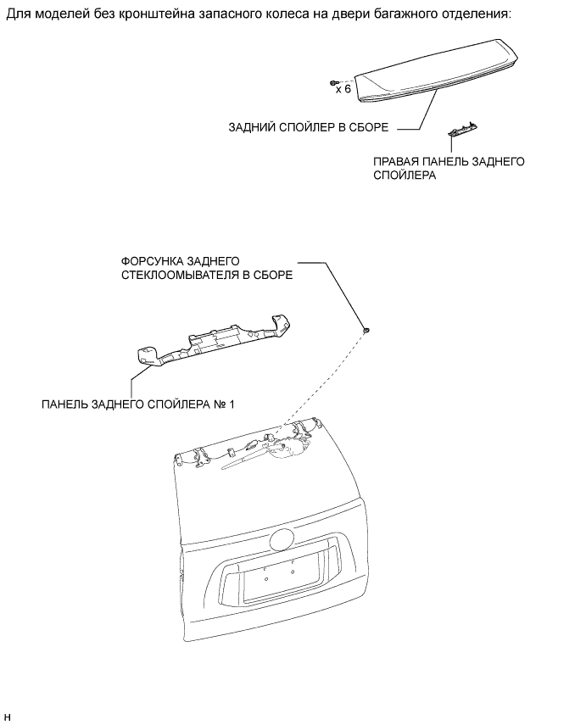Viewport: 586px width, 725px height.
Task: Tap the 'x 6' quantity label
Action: pyautogui.click(x=343, y=88)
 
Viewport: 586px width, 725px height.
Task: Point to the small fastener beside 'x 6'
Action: pyautogui.click(x=333, y=83)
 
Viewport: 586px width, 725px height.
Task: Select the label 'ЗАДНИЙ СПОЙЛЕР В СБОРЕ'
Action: pyautogui.click(x=308, y=129)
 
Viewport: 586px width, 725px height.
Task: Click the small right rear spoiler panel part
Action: pyautogui.click(x=462, y=131)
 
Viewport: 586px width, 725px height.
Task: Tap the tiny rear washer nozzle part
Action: pyautogui.click(x=366, y=328)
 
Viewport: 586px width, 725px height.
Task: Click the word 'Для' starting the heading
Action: pyautogui.click(x=17, y=14)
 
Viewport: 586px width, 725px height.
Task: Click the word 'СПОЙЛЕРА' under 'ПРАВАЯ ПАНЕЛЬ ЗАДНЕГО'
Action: pyautogui.click(x=404, y=176)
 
